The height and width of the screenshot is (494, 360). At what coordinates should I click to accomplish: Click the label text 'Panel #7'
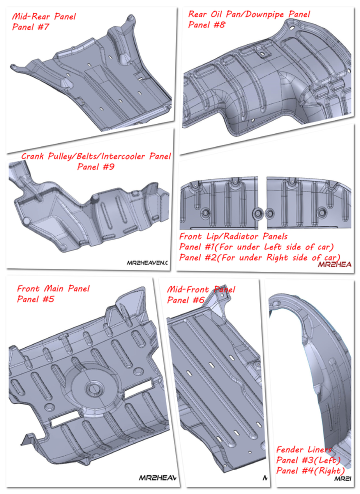tap(30, 27)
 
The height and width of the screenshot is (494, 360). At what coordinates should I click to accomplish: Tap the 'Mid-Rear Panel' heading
tap(44, 16)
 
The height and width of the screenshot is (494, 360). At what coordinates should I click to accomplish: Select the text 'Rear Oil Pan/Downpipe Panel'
tap(249, 14)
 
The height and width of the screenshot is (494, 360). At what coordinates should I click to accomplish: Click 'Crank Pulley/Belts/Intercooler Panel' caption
tap(96, 156)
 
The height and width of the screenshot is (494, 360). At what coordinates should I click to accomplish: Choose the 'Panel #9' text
tap(96, 167)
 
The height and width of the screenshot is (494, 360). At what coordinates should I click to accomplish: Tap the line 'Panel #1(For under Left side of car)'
tap(256, 247)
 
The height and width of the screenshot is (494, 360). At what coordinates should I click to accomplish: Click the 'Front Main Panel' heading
tap(53, 288)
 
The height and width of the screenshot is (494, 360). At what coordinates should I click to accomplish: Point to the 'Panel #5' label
tap(35, 299)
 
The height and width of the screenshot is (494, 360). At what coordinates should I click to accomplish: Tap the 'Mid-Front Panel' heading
tap(201, 289)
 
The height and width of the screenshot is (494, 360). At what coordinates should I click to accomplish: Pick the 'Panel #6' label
tap(185, 300)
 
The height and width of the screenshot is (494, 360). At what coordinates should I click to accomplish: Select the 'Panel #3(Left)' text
tap(308, 460)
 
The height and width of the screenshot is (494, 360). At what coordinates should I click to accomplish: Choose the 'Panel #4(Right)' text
tap(310, 470)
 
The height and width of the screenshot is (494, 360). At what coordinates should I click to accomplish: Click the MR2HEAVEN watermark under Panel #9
tap(145, 262)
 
